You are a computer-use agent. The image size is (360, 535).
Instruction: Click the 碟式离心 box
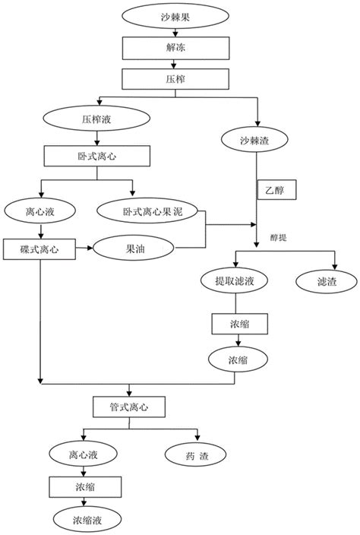pos(39,249)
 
